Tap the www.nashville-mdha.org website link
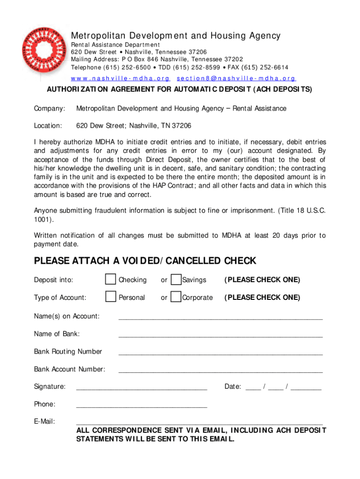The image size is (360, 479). click(x=120, y=79)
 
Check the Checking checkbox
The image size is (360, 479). click(x=110, y=280)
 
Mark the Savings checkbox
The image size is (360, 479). click(x=176, y=280)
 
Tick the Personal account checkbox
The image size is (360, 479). click(x=110, y=297)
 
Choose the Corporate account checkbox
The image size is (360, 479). click(x=176, y=297)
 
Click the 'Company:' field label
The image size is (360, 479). click(x=50, y=109)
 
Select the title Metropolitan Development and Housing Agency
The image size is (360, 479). click(x=175, y=36)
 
